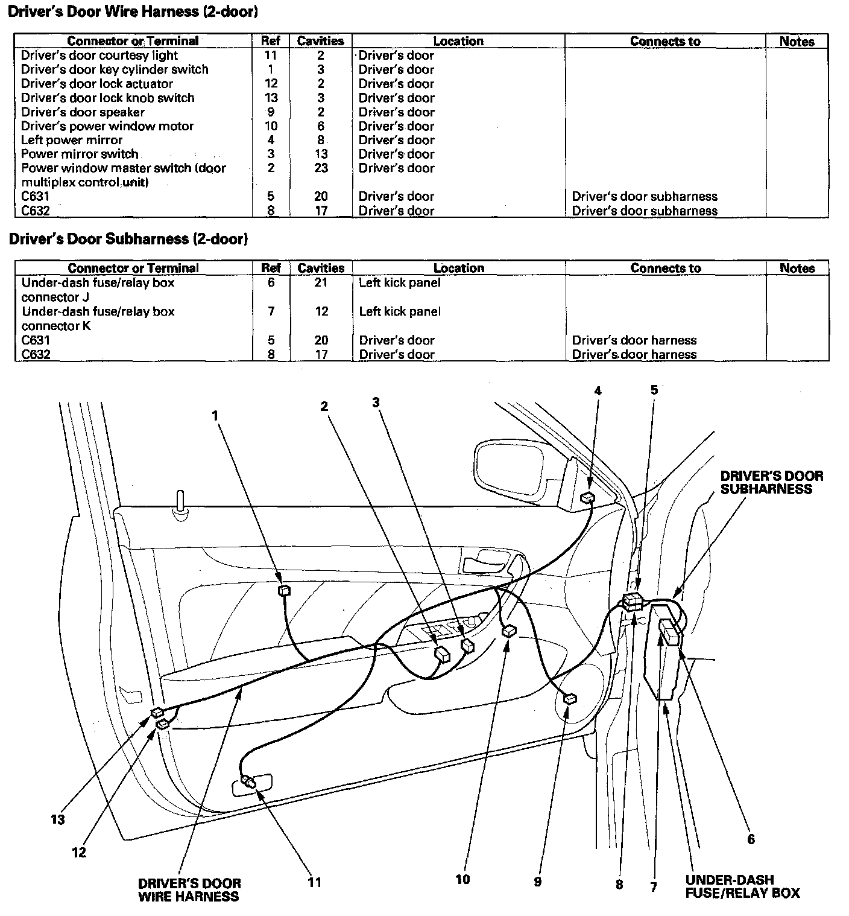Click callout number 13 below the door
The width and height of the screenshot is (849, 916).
58,819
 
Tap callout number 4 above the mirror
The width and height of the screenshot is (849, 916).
598,391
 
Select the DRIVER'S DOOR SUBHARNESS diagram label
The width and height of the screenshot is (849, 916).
771,482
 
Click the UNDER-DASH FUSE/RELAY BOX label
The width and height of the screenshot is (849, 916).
742,886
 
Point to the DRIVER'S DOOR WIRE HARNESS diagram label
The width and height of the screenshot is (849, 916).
189,889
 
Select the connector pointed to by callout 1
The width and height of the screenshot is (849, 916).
285,590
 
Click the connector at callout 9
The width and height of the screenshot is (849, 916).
570,699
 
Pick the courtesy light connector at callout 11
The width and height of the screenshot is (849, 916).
249,782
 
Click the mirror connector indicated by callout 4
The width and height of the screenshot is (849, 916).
587,498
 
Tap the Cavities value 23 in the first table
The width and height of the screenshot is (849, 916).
321,168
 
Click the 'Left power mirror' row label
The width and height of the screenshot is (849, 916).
72,140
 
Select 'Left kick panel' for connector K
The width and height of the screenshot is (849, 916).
400,311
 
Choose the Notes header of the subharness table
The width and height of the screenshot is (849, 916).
797,268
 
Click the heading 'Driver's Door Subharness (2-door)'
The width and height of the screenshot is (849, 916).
128,239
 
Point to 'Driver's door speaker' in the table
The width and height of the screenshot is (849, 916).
83,112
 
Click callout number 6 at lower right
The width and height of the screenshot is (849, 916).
751,839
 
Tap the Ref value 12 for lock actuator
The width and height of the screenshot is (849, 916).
271,84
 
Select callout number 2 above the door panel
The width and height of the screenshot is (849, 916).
324,406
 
